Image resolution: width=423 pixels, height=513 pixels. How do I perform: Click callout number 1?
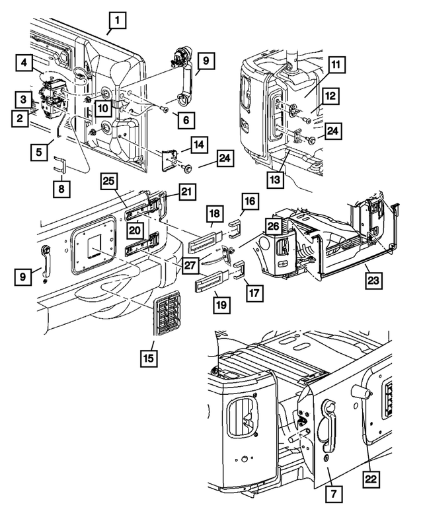pos(118,20)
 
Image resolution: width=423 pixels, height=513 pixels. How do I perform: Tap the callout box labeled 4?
pos(24,62)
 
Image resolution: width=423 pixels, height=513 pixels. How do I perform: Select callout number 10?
pos(103,108)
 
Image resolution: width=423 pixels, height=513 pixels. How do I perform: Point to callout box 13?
pos(276,180)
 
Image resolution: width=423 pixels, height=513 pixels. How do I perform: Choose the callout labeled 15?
pos(149,358)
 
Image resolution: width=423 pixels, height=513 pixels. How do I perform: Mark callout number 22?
pos(371,479)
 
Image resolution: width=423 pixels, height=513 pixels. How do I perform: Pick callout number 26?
pos(274,226)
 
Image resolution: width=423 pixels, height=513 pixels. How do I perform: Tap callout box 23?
pos(373,280)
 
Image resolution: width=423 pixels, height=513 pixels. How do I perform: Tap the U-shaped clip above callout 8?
pos(59,164)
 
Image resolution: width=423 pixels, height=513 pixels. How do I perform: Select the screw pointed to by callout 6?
pos(165,110)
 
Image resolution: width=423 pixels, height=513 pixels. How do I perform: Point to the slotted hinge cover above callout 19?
pos(212,280)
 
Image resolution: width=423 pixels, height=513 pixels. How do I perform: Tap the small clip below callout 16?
pos(235,228)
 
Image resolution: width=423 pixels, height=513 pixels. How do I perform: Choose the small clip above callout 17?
pos(239,269)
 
